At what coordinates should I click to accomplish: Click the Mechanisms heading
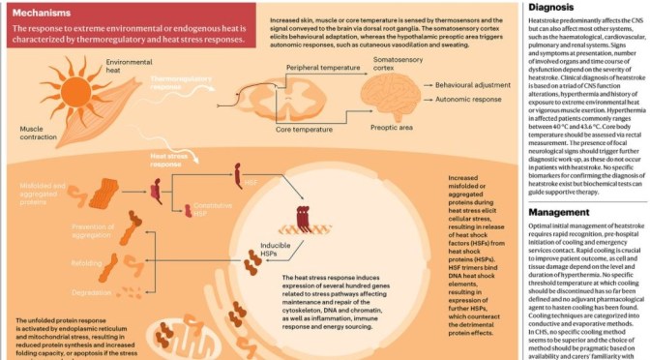tap(44, 14)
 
